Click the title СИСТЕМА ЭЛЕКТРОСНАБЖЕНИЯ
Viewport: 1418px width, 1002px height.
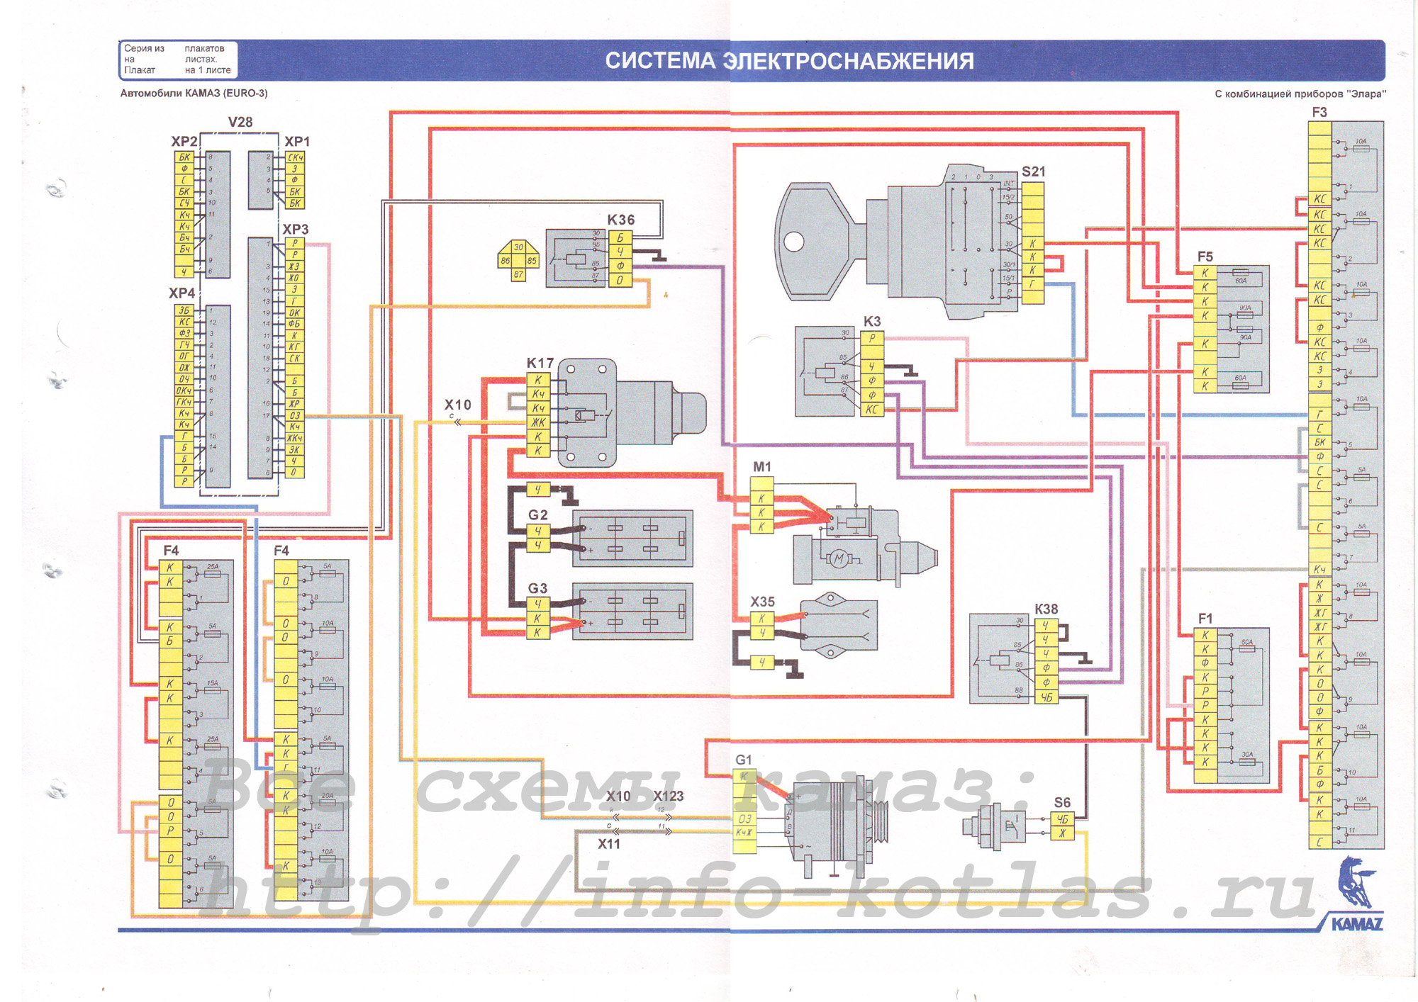(789, 61)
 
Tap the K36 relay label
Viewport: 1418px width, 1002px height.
(620, 220)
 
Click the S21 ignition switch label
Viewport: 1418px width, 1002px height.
(1033, 171)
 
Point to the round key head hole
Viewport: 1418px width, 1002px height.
(793, 242)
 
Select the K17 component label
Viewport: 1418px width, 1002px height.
(540, 363)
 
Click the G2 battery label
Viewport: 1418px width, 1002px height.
(537, 514)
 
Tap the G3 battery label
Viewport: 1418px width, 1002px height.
(537, 588)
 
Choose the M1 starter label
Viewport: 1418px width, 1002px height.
(761, 467)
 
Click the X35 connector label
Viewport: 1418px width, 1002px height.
(762, 602)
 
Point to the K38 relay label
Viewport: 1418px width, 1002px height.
(1046, 609)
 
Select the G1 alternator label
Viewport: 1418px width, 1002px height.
(743, 760)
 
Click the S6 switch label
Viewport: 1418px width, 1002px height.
(1061, 802)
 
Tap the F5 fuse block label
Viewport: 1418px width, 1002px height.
(1205, 257)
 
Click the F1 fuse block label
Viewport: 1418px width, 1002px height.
(1205, 619)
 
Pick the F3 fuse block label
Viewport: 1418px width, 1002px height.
(1319, 113)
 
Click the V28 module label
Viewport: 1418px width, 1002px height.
(240, 122)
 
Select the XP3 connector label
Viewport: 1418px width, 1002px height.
(295, 230)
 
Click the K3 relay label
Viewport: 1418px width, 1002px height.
(871, 321)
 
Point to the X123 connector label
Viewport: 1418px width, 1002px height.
(668, 796)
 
